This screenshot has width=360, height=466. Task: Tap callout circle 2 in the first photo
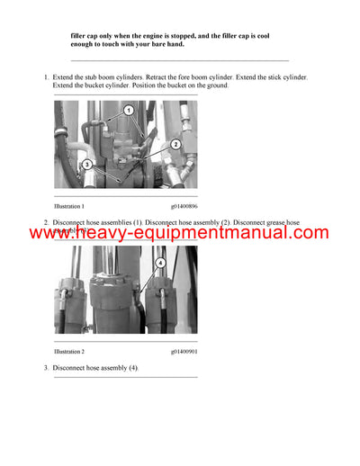pyautogui.click(x=175, y=144)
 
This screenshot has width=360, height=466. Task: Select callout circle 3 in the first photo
pyautogui.click(x=86, y=165)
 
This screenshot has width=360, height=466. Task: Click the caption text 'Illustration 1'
pyautogui.click(x=69, y=207)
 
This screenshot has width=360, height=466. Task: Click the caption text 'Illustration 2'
pyautogui.click(x=69, y=351)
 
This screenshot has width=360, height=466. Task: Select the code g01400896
pyautogui.click(x=184, y=207)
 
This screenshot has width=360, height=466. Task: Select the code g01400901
pyautogui.click(x=184, y=351)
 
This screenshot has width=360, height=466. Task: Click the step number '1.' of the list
pyautogui.click(x=47, y=77)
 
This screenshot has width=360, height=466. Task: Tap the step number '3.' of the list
pyautogui.click(x=47, y=368)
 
